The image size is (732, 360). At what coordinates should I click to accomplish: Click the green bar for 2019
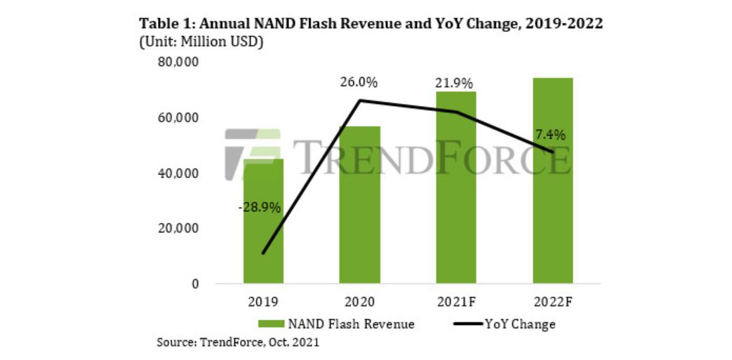tap(263, 232)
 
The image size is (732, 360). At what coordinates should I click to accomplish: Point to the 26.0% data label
tap(359, 82)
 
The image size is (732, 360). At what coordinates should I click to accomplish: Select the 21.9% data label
tap(454, 82)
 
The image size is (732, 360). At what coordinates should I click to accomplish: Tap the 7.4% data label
tap(551, 133)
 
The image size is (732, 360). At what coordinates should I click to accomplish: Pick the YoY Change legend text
tap(520, 324)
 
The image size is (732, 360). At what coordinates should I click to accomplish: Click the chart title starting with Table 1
tap(372, 23)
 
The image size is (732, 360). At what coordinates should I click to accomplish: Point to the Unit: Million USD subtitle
tap(202, 42)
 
